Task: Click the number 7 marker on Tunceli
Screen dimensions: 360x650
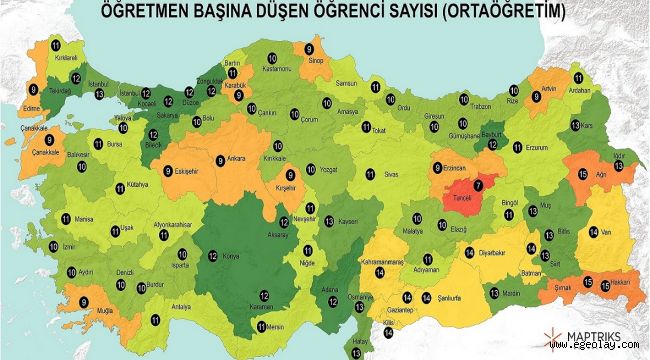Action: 478,184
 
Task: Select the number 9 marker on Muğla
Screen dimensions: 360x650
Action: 83,301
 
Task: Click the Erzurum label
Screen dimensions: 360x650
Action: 538,148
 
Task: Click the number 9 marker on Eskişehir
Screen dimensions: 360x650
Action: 168,170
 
